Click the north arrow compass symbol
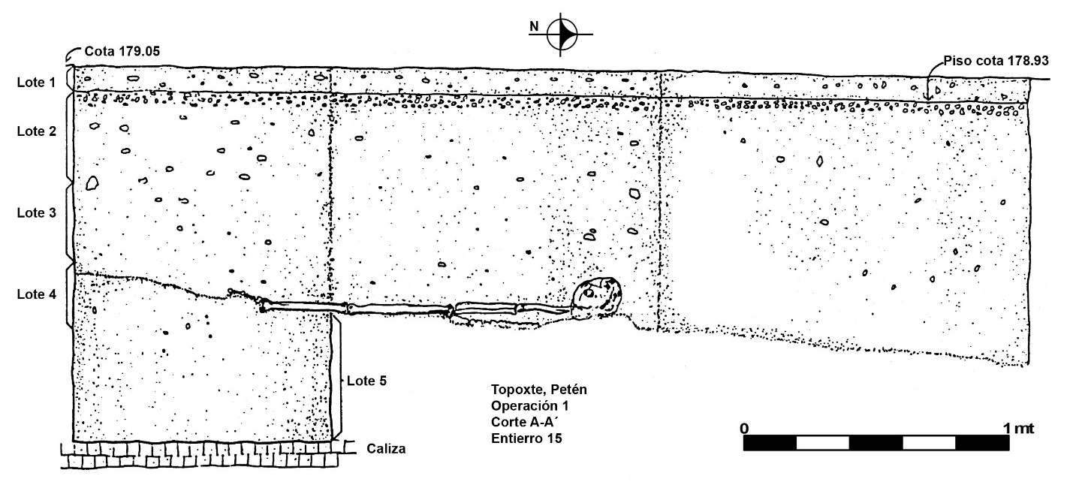pyautogui.click(x=562, y=35)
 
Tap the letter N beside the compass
pyautogui.click(x=534, y=27)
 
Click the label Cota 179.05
pyautogui.click(x=122, y=51)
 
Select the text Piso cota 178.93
pyautogui.click(x=996, y=61)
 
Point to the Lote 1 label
pyautogui.click(x=37, y=83)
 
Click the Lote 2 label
pyautogui.click(x=37, y=131)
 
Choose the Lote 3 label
pyautogui.click(x=37, y=212)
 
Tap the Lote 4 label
pyautogui.click(x=37, y=294)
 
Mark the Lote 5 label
pyautogui.click(x=366, y=381)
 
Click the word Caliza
pyautogui.click(x=386, y=449)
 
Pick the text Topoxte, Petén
pyautogui.click(x=539, y=390)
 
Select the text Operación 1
pyautogui.click(x=530, y=406)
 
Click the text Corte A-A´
pyautogui.click(x=525, y=422)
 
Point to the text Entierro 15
pyautogui.click(x=526, y=438)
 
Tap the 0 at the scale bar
pyautogui.click(x=744, y=429)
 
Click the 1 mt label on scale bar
pyautogui.click(x=1018, y=429)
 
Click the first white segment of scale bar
pyautogui.click(x=822, y=443)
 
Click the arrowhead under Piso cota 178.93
pyautogui.click(x=928, y=98)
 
